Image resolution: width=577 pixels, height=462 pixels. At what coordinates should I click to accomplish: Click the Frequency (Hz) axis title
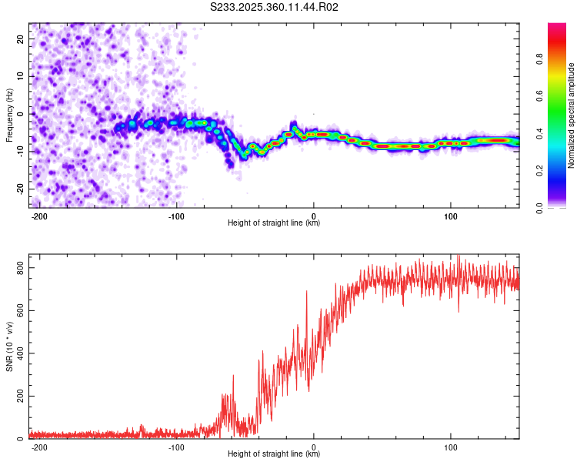coord(9,115)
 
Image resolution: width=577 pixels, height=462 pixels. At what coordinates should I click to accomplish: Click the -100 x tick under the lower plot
coord(176,447)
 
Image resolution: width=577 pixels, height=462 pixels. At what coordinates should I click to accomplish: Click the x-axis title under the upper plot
coord(274,223)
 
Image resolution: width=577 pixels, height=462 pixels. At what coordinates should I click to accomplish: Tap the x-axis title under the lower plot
coord(274,454)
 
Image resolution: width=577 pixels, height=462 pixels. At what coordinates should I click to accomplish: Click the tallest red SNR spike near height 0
coord(307,292)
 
